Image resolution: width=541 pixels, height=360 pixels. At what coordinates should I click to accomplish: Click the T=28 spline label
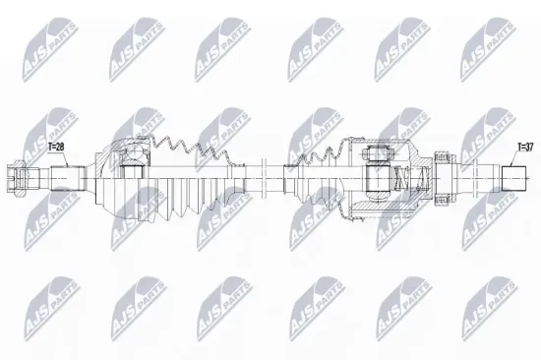tap(56, 147)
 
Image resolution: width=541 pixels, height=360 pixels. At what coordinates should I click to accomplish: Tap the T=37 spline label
tap(525, 147)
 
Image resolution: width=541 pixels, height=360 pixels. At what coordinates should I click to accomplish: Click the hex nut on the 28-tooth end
tap(16, 179)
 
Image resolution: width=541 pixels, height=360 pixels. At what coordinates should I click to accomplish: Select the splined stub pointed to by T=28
tap(68, 178)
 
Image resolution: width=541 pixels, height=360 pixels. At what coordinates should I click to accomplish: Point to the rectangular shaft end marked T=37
tap(513, 178)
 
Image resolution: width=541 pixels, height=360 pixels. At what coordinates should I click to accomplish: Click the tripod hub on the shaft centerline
tap(378, 178)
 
